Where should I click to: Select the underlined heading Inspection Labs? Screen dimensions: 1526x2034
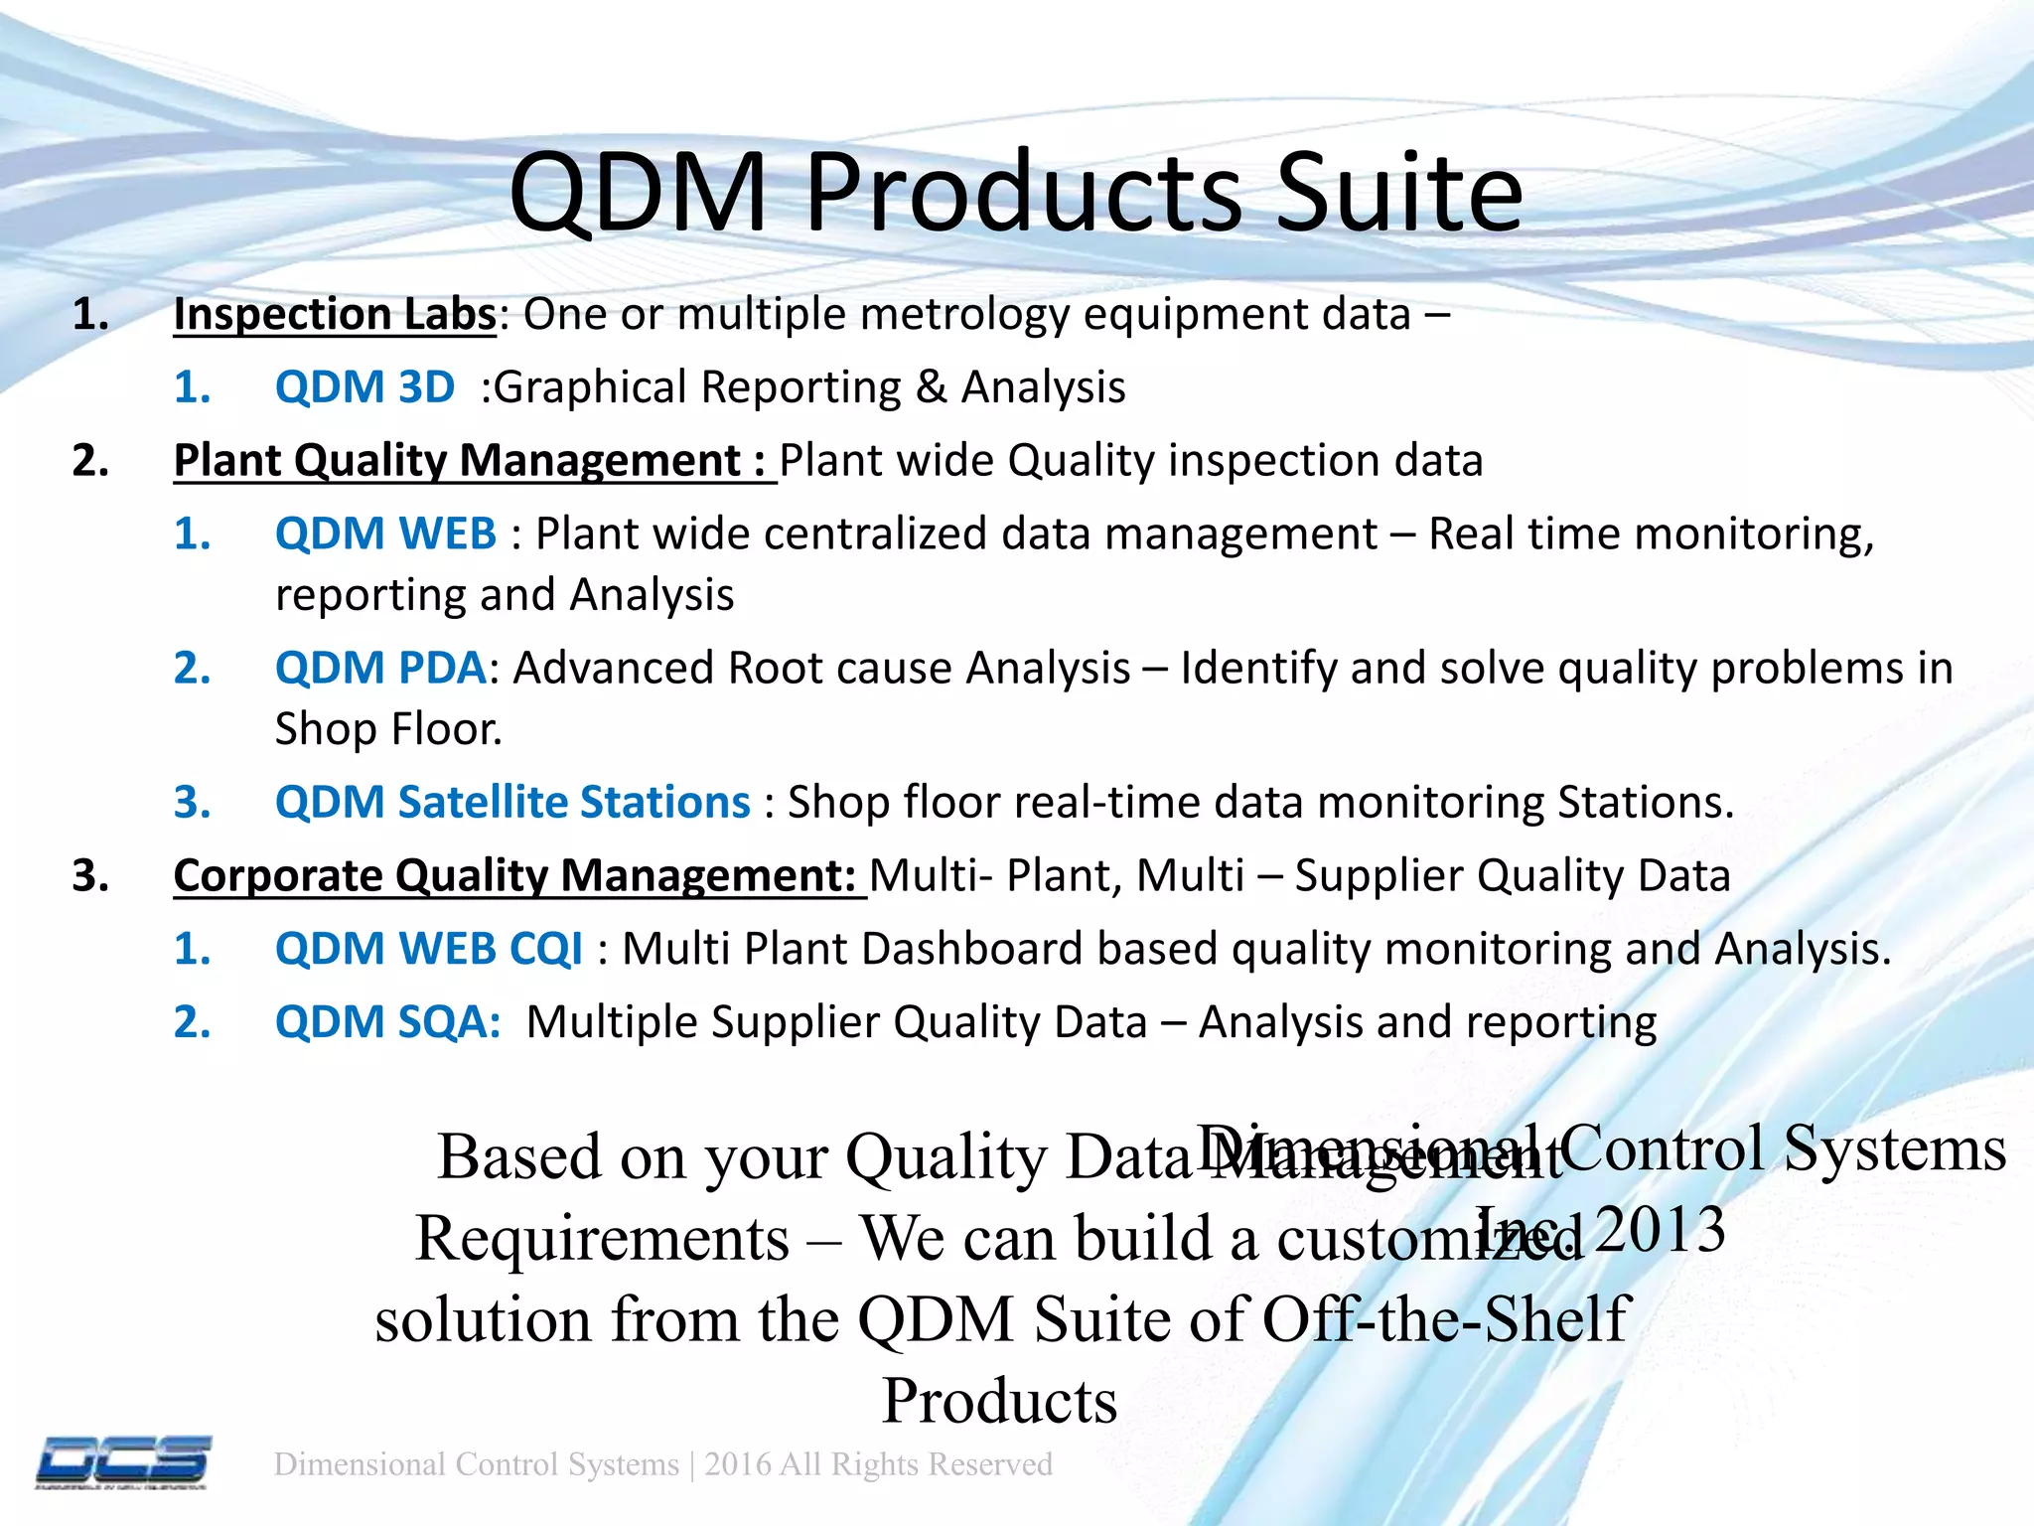[334, 315]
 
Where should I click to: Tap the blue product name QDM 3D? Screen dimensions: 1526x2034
[364, 387]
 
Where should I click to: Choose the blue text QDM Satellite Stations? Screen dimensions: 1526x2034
[512, 802]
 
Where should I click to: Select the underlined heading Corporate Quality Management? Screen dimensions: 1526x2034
[514, 876]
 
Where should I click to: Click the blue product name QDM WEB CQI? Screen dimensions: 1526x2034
[428, 949]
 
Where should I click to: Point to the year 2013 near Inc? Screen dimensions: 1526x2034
[1661, 1230]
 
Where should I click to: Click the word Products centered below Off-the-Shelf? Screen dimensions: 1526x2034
[999, 1401]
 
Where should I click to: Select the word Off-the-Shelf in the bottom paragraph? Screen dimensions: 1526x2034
[1446, 1319]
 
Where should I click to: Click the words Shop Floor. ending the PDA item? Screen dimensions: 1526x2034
[388, 729]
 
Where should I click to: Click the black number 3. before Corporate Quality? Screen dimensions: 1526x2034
[90, 876]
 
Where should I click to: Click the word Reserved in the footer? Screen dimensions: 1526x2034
[990, 1464]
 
